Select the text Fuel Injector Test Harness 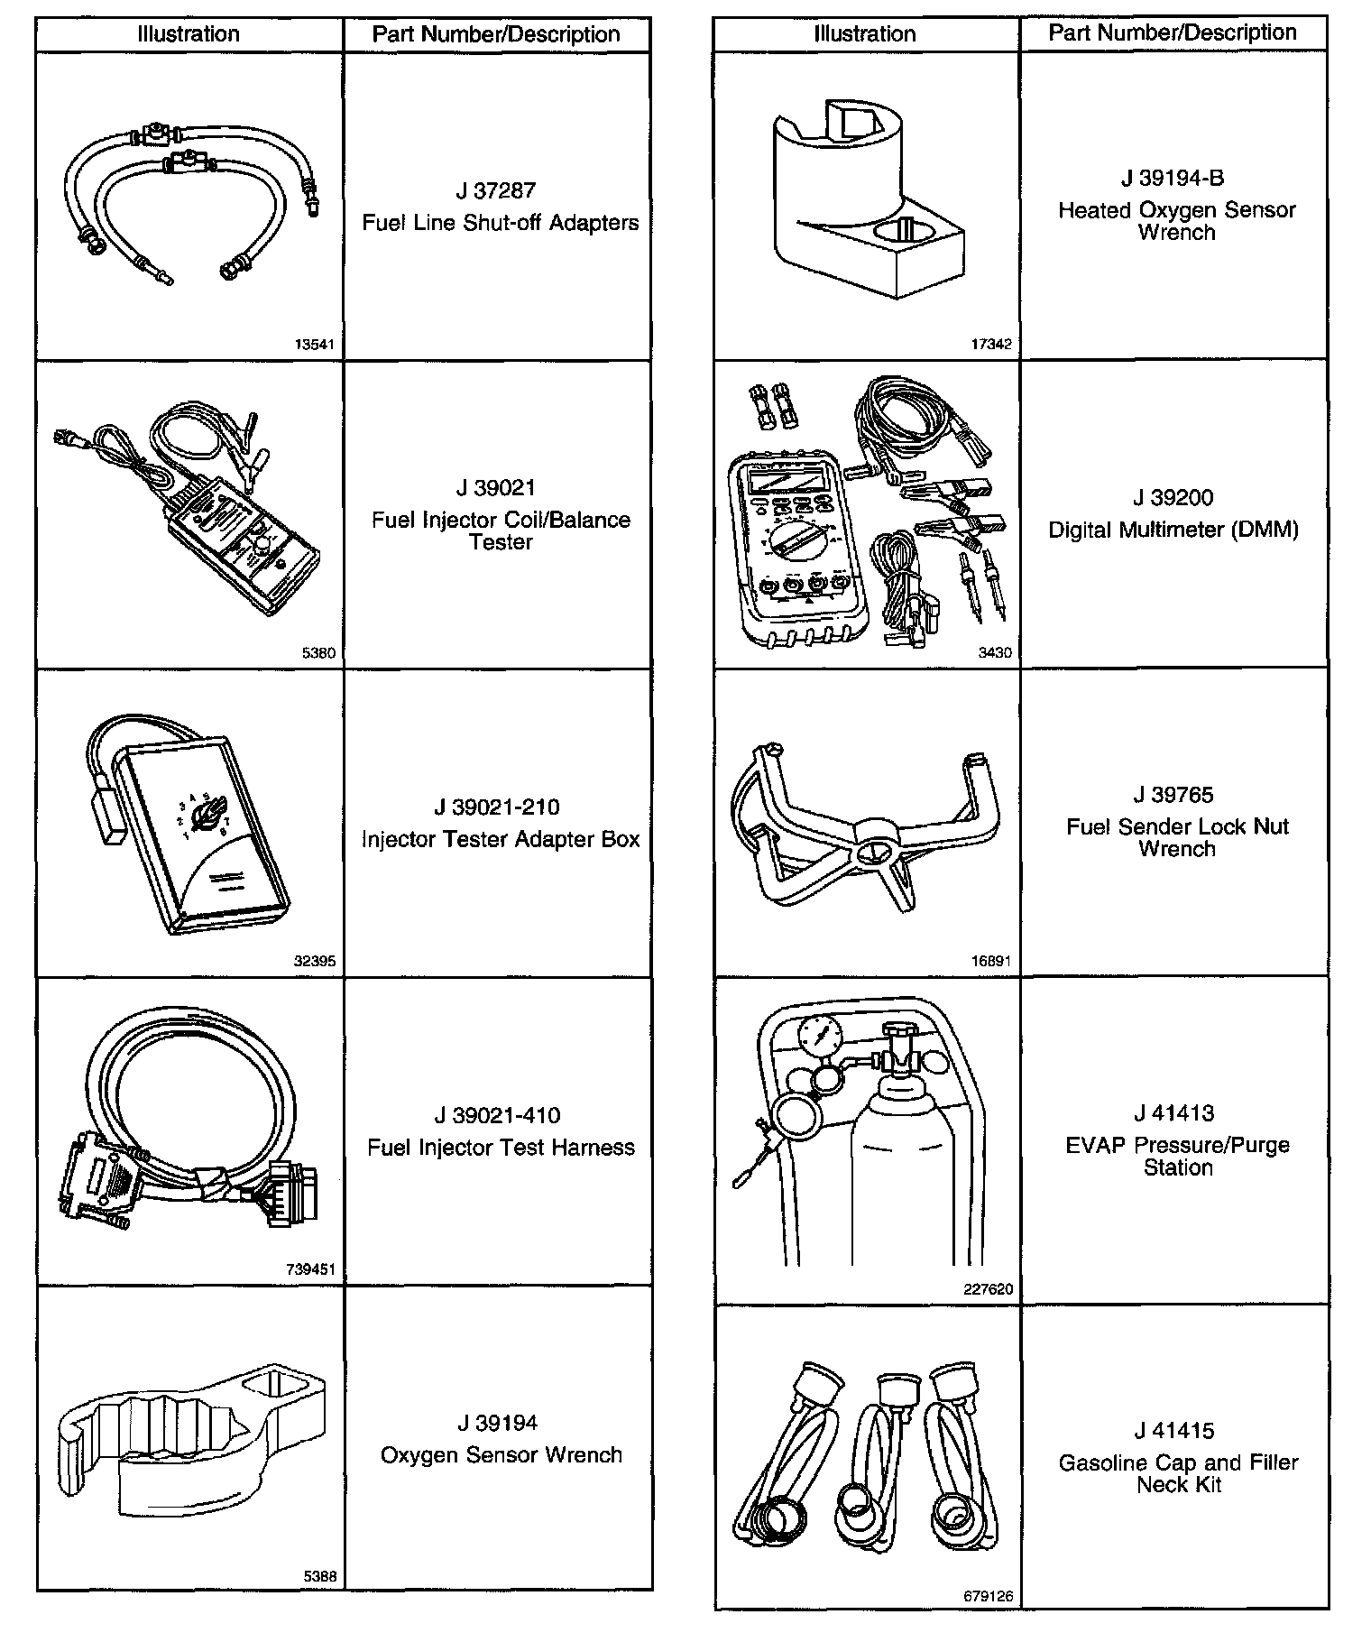[x=501, y=1148]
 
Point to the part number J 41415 [x=1174, y=1431]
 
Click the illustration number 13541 [x=315, y=345]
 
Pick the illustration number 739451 [x=310, y=1269]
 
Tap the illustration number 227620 [x=988, y=1289]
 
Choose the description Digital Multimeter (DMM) [x=1173, y=530]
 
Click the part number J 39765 [x=1173, y=795]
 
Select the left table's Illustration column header [x=189, y=34]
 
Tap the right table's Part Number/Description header [x=1173, y=32]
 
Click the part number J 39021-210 [x=497, y=807]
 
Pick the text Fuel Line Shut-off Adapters [x=501, y=223]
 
